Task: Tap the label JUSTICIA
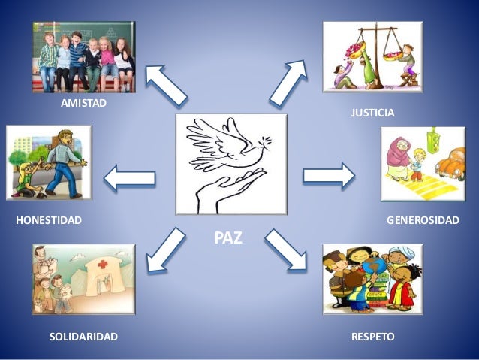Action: (372, 113)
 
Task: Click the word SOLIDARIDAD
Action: (83, 337)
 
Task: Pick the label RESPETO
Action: (372, 337)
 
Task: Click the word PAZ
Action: (229, 238)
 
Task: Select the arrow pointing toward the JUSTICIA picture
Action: (288, 81)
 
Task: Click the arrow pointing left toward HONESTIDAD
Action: (129, 179)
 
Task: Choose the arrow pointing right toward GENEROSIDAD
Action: (329, 176)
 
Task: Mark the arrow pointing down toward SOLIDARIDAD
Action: (166, 250)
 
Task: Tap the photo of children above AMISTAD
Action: (83, 56)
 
